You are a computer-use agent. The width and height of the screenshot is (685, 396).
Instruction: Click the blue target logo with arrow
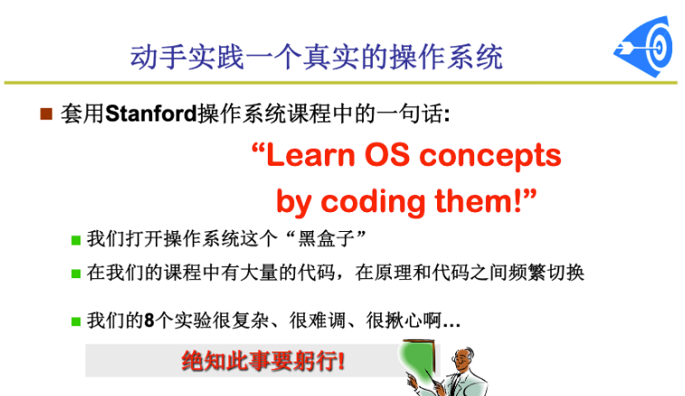coord(643,46)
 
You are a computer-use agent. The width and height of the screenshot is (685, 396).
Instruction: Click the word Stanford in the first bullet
coord(151,114)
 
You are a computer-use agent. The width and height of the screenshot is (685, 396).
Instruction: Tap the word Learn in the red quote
coord(310,155)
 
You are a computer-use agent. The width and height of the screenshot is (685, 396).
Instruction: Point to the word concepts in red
coord(490,158)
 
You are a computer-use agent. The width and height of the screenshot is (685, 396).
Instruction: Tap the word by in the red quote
coord(293,203)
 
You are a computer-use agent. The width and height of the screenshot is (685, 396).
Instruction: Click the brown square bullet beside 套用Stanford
coord(46,114)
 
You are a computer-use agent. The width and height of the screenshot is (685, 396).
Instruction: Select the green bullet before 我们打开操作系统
coord(76,240)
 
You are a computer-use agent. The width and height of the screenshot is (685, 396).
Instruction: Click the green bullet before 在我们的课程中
coord(76,274)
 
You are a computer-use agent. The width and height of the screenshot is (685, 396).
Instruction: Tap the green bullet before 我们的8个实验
coord(76,322)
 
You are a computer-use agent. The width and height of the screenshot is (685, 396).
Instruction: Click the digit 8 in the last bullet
coord(149,321)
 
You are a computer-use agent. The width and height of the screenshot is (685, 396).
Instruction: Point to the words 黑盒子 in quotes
coord(326,239)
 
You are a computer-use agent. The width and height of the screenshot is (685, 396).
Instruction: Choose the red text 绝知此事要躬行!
coord(263,362)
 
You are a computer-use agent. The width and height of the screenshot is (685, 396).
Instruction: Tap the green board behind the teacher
coord(416,359)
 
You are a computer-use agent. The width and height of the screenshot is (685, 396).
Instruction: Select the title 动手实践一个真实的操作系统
coord(317,57)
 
